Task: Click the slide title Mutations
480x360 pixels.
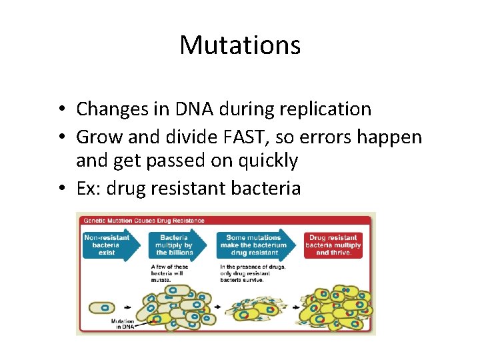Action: [240, 45]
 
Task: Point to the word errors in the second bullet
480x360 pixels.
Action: [323, 137]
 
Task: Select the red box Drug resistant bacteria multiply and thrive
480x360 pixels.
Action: [333, 245]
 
